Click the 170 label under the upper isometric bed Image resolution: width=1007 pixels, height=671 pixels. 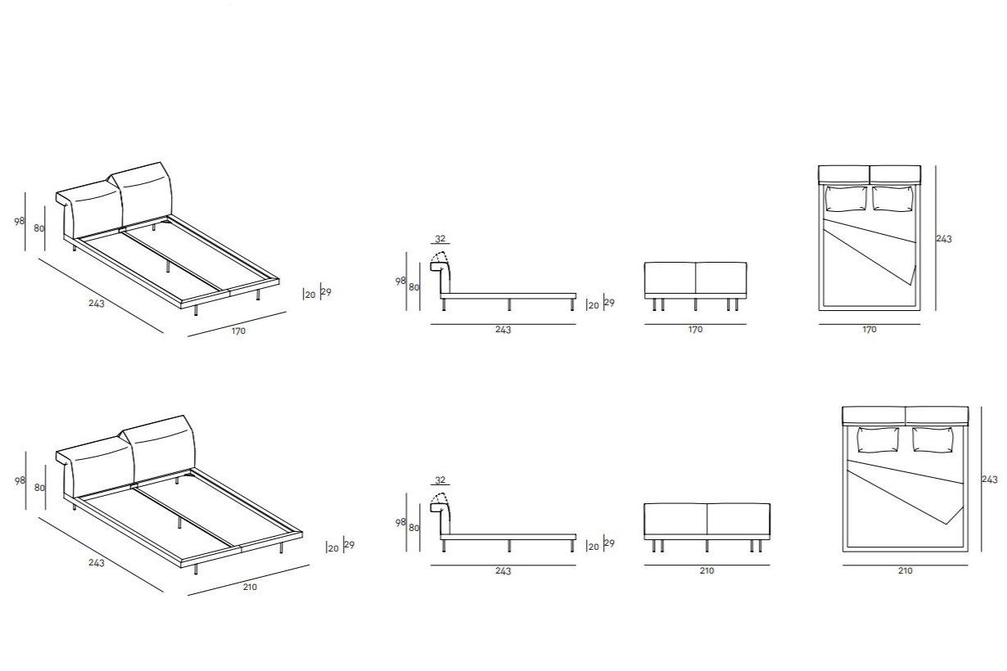pyautogui.click(x=237, y=331)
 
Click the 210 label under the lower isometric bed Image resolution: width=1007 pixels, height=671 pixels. pyautogui.click(x=250, y=587)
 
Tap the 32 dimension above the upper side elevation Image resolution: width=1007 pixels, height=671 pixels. pyautogui.click(x=440, y=239)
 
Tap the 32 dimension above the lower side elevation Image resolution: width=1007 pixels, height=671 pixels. pyautogui.click(x=440, y=480)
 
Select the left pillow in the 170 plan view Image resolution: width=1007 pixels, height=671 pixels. pyautogui.click(x=846, y=199)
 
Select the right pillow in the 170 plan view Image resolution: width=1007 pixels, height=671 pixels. pyautogui.click(x=894, y=199)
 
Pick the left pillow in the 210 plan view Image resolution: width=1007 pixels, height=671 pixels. pyautogui.click(x=878, y=439)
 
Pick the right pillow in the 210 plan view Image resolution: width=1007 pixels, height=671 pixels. pyautogui.click(x=932, y=439)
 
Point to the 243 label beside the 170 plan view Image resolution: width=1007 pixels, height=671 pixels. pyautogui.click(x=944, y=239)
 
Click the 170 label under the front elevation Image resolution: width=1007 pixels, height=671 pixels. pyautogui.click(x=695, y=330)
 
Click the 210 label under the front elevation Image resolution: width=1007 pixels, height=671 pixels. pyautogui.click(x=707, y=570)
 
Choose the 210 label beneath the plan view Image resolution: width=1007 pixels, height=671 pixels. pyautogui.click(x=905, y=570)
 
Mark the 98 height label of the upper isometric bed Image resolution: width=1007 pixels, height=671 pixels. pyautogui.click(x=20, y=221)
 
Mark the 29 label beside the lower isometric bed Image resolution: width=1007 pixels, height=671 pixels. pyautogui.click(x=350, y=545)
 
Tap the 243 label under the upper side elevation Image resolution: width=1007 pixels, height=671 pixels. pyautogui.click(x=503, y=330)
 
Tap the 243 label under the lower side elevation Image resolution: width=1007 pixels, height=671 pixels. pyautogui.click(x=503, y=570)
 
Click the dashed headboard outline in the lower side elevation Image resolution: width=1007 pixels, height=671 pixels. pyautogui.click(x=440, y=501)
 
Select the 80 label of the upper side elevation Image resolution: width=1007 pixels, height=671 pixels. pyautogui.click(x=413, y=287)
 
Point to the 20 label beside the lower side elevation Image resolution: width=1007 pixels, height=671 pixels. pyautogui.click(x=594, y=547)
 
